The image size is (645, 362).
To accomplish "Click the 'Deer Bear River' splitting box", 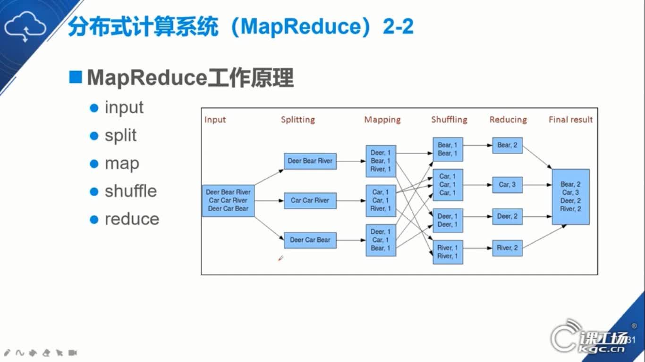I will (310, 161).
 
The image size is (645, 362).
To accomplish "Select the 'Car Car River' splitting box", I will (310, 200).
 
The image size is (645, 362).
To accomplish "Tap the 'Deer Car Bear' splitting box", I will (310, 240).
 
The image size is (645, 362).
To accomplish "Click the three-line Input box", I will (228, 200).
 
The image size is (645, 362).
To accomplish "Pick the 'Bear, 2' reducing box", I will (507, 145).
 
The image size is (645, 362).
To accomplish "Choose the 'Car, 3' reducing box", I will (507, 185).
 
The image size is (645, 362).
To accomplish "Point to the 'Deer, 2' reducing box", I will (507, 216).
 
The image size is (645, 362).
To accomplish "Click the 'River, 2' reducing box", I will (507, 248).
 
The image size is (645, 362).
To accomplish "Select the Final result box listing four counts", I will (570, 197).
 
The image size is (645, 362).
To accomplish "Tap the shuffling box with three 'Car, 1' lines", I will (448, 185).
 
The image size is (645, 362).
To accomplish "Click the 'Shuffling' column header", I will (449, 120).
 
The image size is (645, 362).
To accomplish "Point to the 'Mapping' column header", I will (382, 120).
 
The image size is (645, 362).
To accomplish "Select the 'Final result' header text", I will (570, 120).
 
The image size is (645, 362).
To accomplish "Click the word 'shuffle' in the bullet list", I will (131, 191).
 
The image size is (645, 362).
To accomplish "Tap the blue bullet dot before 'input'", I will (94, 108).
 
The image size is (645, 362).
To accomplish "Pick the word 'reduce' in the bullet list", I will (132, 219).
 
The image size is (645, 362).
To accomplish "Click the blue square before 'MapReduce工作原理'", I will (76, 77).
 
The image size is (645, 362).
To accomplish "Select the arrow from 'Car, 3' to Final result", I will (537, 185).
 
